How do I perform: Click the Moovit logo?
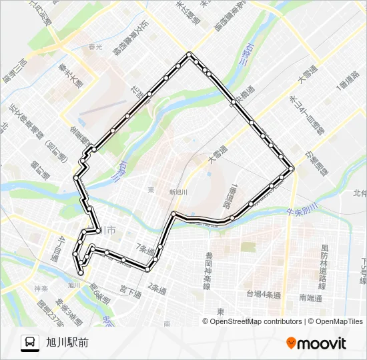point(316,343)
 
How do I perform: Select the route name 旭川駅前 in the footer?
point(67,343)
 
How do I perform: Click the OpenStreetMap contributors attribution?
point(256,321)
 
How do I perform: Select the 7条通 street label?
point(145,249)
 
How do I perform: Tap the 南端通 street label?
point(311,298)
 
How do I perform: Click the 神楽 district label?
point(39,288)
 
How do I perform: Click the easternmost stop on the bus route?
point(292,169)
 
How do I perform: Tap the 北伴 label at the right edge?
point(360,193)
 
